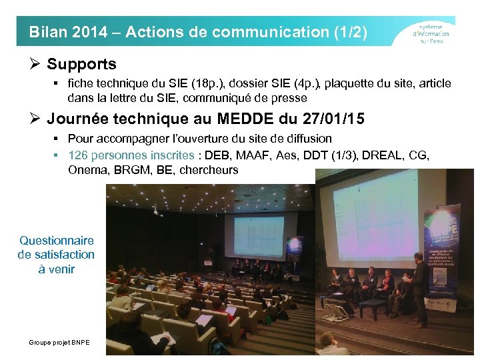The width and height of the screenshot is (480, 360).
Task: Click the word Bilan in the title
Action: click(46, 32)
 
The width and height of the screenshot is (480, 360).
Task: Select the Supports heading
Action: click(81, 65)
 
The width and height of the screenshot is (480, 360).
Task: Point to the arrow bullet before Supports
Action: click(37, 65)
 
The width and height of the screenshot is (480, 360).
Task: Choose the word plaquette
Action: click(341, 84)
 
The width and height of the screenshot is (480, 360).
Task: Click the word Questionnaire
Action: click(57, 240)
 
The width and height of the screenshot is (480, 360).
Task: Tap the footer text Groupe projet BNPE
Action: click(59, 342)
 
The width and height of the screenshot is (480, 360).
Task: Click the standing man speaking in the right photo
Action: click(419, 280)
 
